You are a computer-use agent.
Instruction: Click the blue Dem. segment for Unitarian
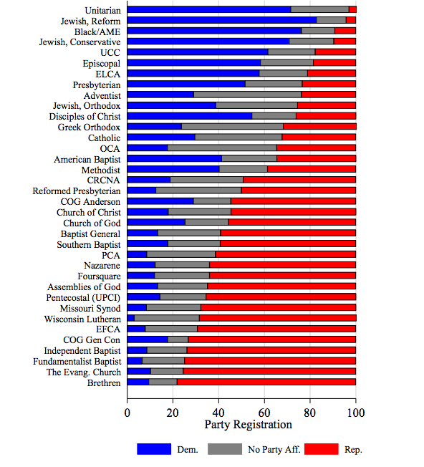pyautogui.click(x=209, y=9)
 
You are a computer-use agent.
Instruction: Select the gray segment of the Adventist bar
pyautogui.click(x=247, y=95)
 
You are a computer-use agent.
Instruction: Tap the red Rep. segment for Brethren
pyautogui.click(x=266, y=382)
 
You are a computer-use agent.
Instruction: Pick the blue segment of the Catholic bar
pyautogui.click(x=161, y=137)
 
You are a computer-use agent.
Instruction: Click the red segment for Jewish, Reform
pyautogui.click(x=351, y=20)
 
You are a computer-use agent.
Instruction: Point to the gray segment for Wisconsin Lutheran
pyautogui.click(x=167, y=318)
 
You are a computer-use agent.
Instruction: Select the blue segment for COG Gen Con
pyautogui.click(x=148, y=340)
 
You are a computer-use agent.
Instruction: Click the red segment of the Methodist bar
pyautogui.click(x=312, y=169)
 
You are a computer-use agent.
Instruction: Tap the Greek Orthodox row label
pyautogui.click(x=89, y=127)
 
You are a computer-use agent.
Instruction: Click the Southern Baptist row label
pyautogui.click(x=89, y=244)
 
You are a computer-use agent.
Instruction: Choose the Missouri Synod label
pyautogui.click(x=90, y=309)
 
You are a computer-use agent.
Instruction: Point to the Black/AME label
pyautogui.click(x=97, y=32)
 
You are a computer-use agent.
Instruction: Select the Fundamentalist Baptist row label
pyautogui.click(x=77, y=362)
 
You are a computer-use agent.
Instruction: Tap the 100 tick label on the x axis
pyautogui.click(x=356, y=413)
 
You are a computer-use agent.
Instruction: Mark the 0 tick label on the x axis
pyautogui.click(x=127, y=413)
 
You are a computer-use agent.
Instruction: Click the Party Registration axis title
pyautogui.click(x=248, y=425)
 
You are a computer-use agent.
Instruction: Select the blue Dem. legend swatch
pyautogui.click(x=154, y=449)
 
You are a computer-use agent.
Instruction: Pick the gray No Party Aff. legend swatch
pyautogui.click(x=225, y=449)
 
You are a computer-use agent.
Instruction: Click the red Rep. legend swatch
pyautogui.click(x=322, y=449)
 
